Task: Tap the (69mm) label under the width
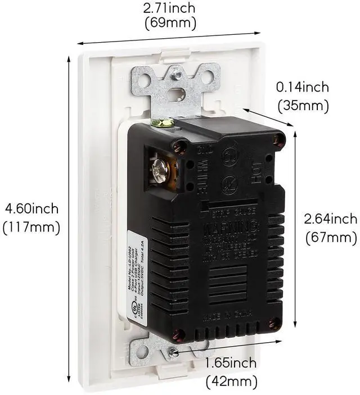[170, 24]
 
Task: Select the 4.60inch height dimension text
[31, 209]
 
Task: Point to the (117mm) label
[31, 228]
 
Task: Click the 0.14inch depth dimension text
[302, 88]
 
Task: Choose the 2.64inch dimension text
[331, 219]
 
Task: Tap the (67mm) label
[331, 238]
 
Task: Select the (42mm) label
[231, 382]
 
